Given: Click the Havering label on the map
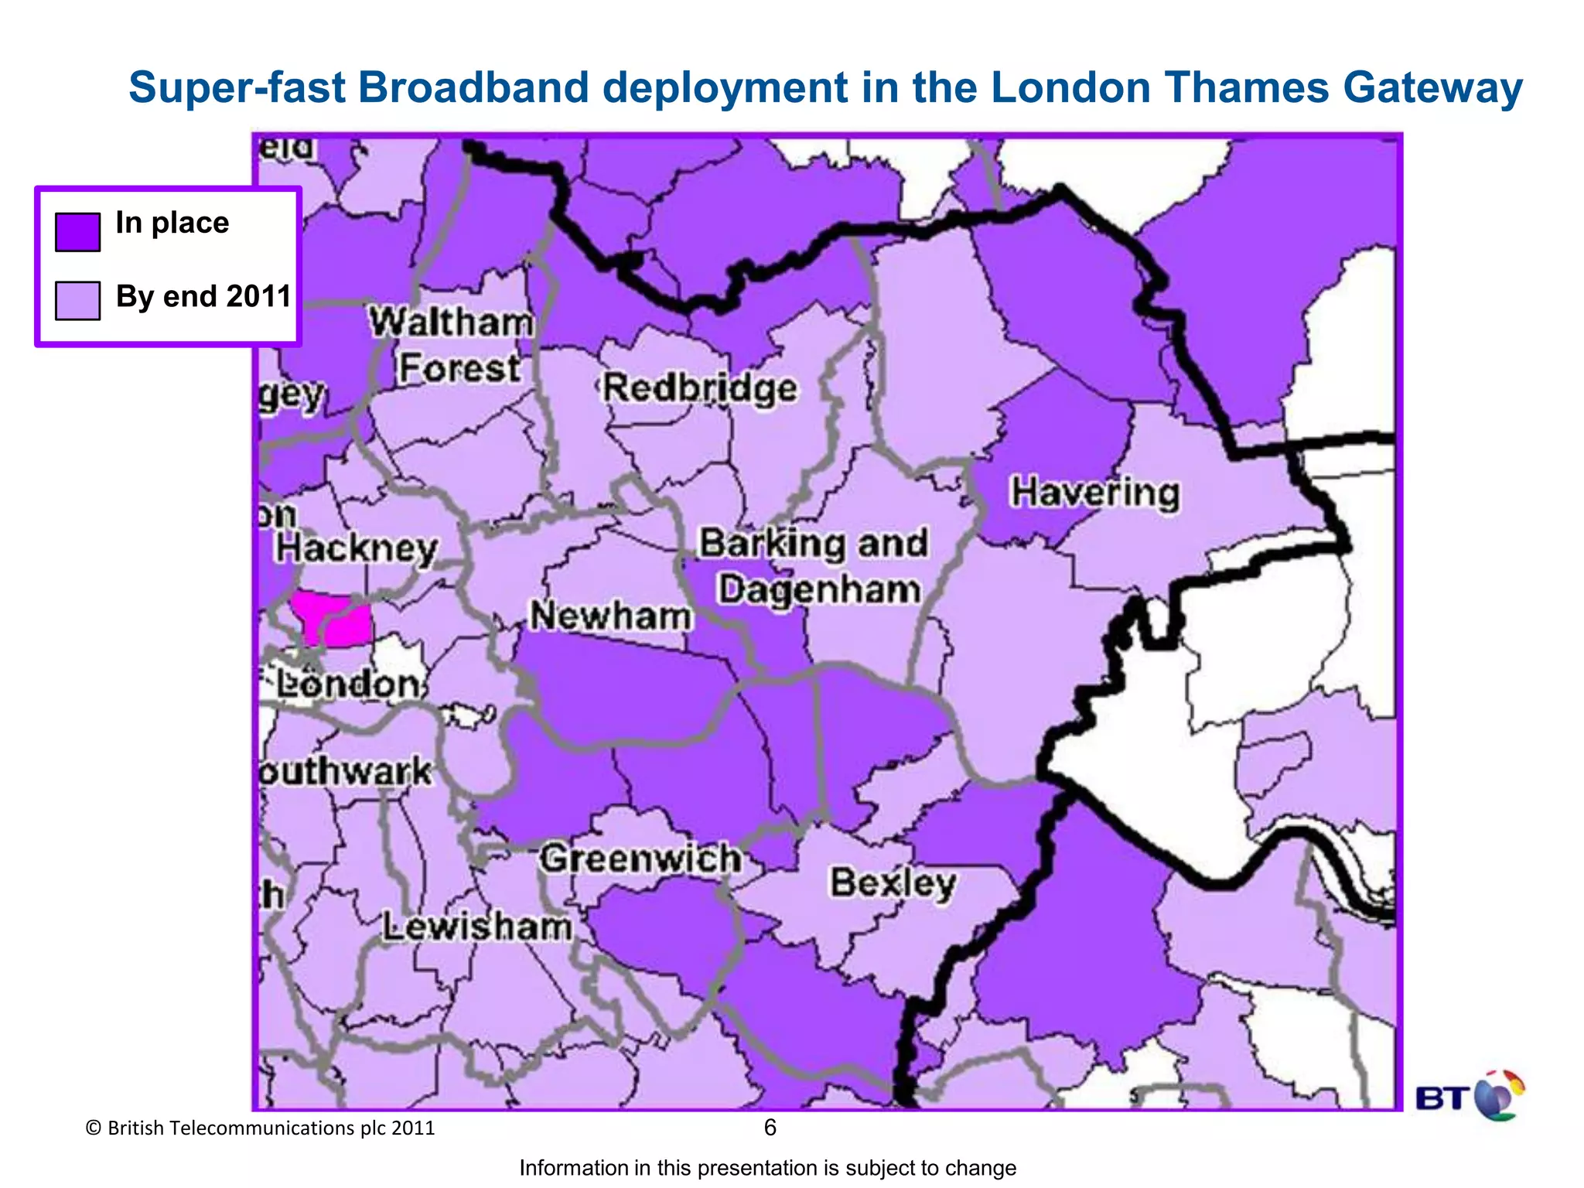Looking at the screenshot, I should click(1095, 493).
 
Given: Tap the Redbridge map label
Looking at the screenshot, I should click(699, 387).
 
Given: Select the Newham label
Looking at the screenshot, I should click(610, 616).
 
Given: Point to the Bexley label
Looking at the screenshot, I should click(893, 883).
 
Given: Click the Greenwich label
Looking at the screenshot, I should click(640, 859).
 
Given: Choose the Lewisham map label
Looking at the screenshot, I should click(477, 927).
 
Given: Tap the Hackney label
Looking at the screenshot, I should click(357, 548).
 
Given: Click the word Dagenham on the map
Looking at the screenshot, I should click(819, 589).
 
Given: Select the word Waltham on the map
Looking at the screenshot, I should click(451, 322).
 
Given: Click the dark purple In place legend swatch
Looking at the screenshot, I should click(77, 232).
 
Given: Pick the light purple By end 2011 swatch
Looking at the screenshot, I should click(77, 300).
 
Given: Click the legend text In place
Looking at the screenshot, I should click(172, 223).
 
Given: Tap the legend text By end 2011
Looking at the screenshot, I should click(203, 296).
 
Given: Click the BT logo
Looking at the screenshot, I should click(1469, 1096).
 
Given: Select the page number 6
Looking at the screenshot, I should click(770, 1128).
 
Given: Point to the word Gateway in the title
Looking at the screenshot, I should click(1432, 87).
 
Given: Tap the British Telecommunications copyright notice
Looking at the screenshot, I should click(261, 1128).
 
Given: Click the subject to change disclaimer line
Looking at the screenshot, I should click(767, 1168).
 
